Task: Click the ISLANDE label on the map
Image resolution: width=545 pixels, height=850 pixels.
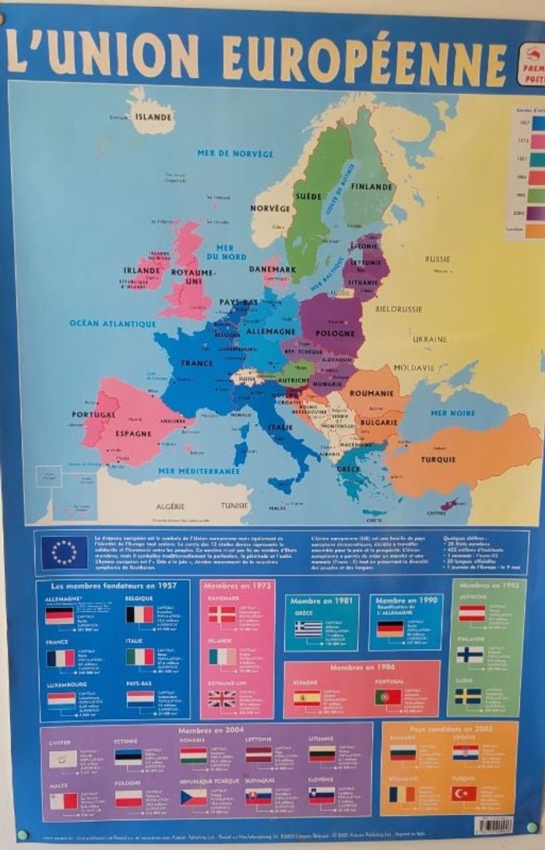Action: [x=153, y=118]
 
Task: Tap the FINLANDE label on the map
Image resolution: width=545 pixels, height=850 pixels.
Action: [x=371, y=188]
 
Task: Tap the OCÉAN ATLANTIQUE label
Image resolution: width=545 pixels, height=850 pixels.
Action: [x=113, y=323]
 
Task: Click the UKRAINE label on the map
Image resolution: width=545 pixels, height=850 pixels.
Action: [x=430, y=339]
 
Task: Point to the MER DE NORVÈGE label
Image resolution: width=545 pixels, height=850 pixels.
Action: [x=224, y=153]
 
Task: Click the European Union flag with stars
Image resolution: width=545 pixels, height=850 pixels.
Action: [x=65, y=553]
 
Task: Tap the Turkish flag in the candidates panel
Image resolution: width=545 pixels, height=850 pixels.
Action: [x=463, y=793]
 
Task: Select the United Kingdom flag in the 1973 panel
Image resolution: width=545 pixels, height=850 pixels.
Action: [x=221, y=699]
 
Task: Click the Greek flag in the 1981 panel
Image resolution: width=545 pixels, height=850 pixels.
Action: [x=308, y=628]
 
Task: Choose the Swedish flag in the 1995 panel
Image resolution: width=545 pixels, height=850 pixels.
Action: [x=469, y=696]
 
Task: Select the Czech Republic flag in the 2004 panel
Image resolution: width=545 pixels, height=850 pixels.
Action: [x=194, y=797]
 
